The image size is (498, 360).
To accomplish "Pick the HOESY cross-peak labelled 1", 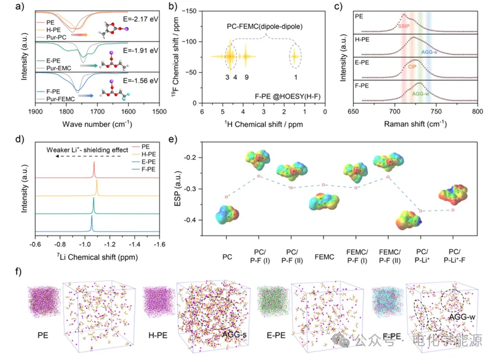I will pyautogui.click(x=295, y=56).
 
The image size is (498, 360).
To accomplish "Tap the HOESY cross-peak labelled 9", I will pyautogui.click(x=245, y=56).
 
